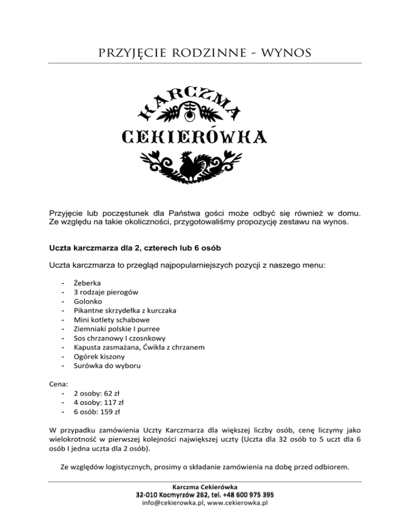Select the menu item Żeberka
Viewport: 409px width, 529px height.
87,284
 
